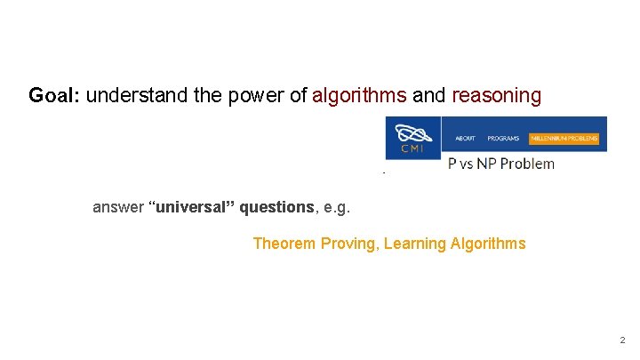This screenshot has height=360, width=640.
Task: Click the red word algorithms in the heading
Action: pos(359,95)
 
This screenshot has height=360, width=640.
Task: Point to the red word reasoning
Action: pos(496,95)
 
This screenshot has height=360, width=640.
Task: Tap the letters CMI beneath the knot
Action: pos(412,148)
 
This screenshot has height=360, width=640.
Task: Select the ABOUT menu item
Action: pos(465,139)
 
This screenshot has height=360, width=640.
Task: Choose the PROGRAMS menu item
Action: pos(503,139)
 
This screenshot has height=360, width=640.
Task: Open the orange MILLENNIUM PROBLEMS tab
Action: pos(564,139)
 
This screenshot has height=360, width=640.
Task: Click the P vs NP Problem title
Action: pos(500,164)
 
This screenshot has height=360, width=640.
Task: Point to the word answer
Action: pos(118,207)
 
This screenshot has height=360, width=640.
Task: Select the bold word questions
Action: pos(281,207)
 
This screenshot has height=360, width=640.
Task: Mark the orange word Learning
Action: pos(417,244)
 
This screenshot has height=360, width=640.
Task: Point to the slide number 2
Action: pos(622,340)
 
